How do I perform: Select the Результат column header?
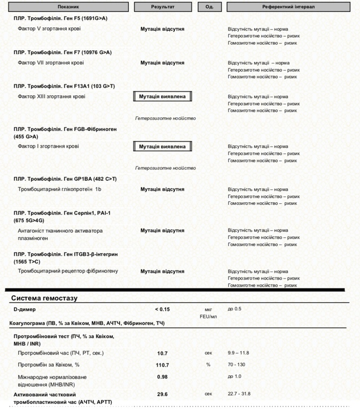tap(162, 7)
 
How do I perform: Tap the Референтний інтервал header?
tap(289, 7)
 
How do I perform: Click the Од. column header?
tap(210, 7)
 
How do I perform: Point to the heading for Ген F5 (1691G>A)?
tap(61, 18)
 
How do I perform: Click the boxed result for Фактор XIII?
tap(162, 97)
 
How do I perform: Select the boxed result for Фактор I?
tap(162, 146)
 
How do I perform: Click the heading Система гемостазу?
tap(45, 298)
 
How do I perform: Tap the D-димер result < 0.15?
tap(162, 309)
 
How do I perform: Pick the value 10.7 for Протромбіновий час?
tap(162, 353)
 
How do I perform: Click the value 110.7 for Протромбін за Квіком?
tap(162, 365)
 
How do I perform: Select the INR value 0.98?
tap(162, 377)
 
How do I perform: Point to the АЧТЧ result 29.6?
tap(162, 394)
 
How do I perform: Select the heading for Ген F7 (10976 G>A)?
tap(62, 52)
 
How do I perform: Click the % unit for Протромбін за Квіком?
tap(208, 365)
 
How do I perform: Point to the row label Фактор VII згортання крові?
tap(51, 63)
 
